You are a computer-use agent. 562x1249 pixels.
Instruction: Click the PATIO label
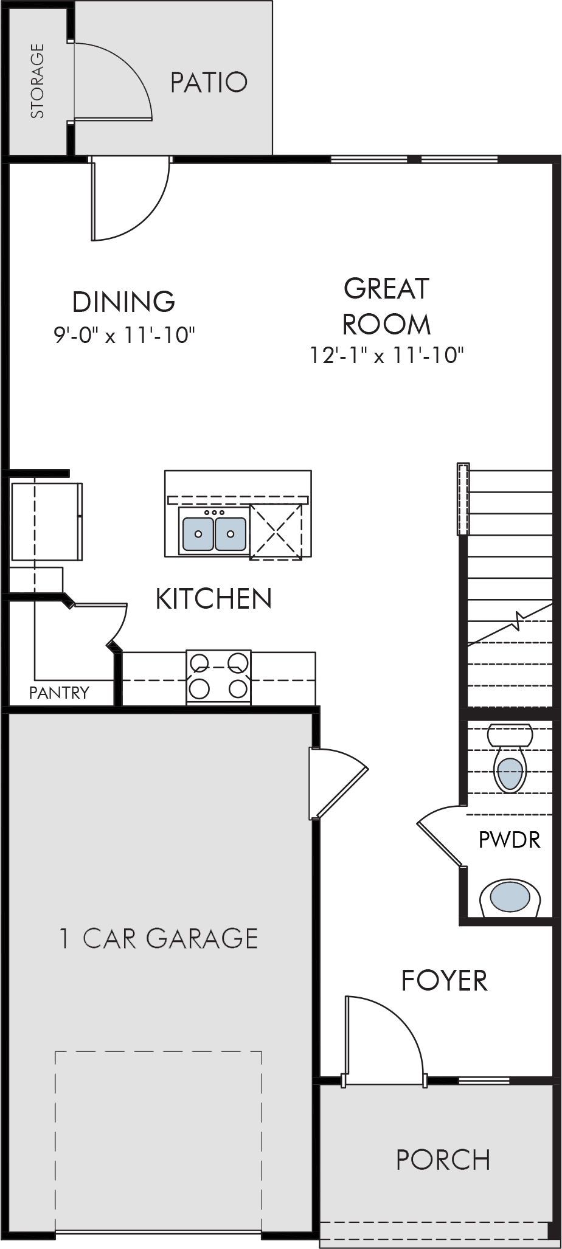click(x=209, y=82)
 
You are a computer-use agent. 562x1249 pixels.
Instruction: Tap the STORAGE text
click(x=38, y=80)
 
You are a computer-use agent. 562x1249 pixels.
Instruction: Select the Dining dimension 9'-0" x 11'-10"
click(x=124, y=335)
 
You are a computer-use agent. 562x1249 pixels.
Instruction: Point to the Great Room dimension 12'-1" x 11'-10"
click(x=387, y=355)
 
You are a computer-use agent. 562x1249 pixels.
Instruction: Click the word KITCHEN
click(x=214, y=598)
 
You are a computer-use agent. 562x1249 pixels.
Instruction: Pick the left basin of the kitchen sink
click(x=198, y=534)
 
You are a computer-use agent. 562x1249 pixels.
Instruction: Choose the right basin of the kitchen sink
click(x=230, y=534)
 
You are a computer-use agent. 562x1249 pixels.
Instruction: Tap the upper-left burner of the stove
click(x=199, y=661)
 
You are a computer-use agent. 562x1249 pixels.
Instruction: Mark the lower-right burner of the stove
click(x=239, y=688)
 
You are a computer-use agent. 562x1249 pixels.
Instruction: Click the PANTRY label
click(x=59, y=693)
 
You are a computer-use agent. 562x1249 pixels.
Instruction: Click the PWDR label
click(x=510, y=840)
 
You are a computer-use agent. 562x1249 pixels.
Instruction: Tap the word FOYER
click(x=445, y=980)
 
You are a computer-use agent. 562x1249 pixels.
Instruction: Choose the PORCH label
click(x=443, y=1160)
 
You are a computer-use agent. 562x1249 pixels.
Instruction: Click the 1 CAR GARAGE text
click(x=159, y=938)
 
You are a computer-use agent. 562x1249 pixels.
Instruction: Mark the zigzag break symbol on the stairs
click(x=518, y=621)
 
